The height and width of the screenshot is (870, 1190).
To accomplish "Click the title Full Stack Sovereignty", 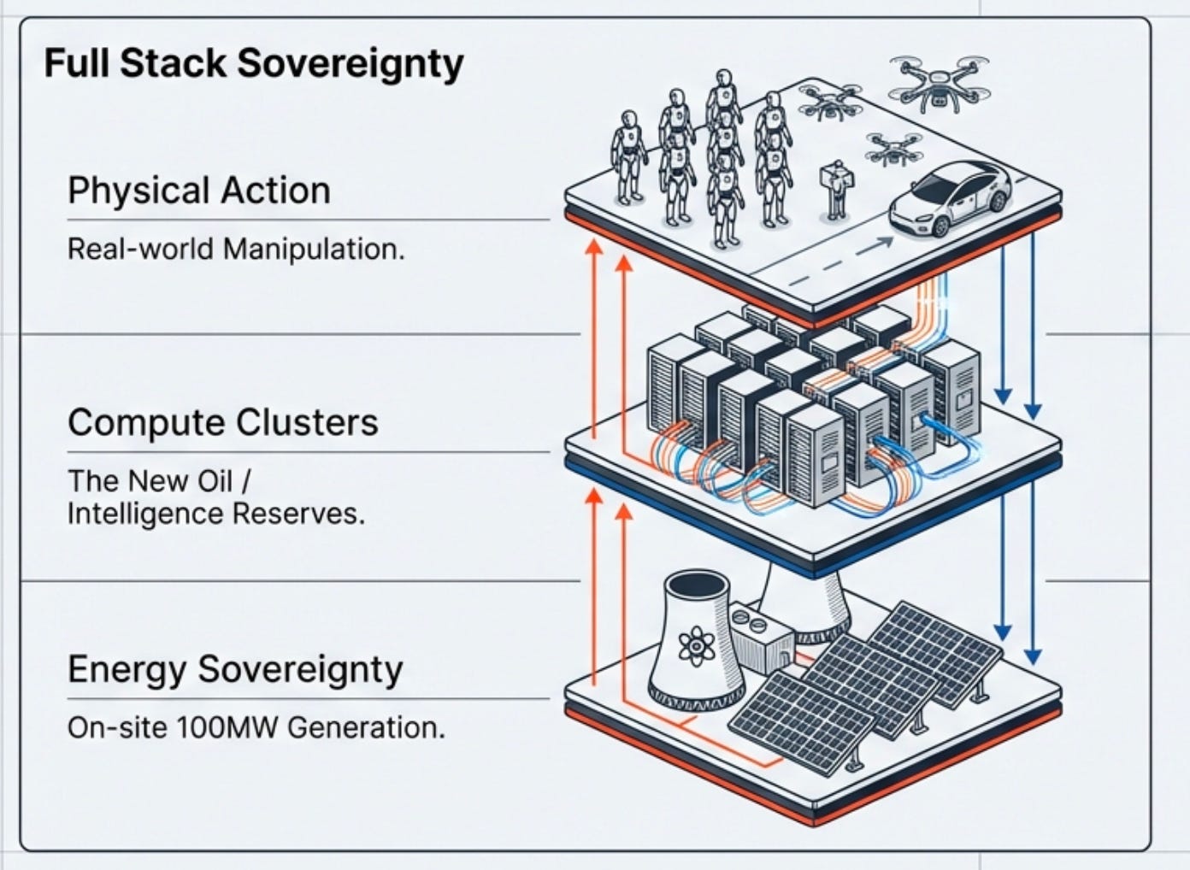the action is tap(254, 65).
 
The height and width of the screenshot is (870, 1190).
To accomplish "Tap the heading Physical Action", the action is tap(199, 191).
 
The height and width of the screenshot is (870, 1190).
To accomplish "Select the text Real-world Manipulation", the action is tap(236, 249).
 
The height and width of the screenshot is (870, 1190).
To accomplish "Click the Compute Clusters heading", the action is tap(223, 423).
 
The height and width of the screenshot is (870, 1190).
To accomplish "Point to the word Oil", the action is tap(215, 481).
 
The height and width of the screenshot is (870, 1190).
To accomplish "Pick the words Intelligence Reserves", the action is tap(216, 514).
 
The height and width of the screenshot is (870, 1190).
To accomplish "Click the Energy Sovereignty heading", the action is tap(235, 670).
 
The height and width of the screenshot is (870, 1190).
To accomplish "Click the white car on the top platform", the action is tap(949, 198).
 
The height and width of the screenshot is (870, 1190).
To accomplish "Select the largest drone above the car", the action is tap(939, 85).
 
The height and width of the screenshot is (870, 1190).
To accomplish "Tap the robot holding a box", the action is tap(836, 190).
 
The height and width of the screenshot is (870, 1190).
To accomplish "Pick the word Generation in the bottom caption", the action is tap(367, 728).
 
